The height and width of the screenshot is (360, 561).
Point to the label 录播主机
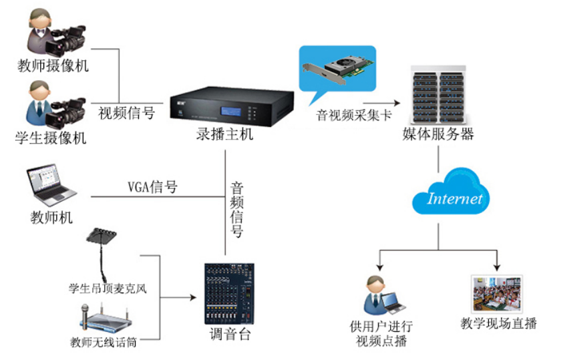point(225,135)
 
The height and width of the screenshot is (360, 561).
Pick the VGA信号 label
point(153,187)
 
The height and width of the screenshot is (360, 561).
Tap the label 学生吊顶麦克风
point(108,289)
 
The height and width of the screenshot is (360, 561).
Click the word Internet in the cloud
point(454,198)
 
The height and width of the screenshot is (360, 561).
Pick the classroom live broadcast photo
point(497,293)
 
